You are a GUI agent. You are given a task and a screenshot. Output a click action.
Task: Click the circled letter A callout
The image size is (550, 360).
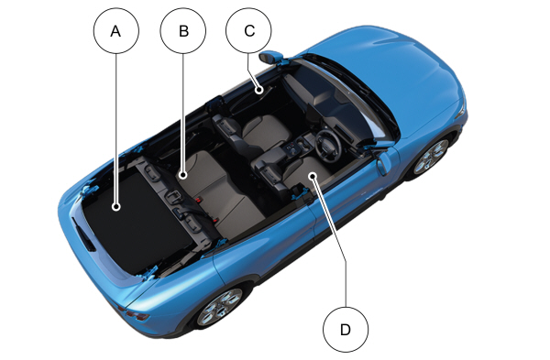(116, 31)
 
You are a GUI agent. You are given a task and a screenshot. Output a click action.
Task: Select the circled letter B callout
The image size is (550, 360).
(183, 31)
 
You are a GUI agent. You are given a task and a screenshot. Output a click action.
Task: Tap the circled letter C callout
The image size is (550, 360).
(248, 31)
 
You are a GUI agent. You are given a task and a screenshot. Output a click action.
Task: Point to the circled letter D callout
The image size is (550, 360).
(346, 330)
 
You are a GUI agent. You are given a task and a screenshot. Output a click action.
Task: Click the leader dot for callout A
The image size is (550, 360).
(116, 207)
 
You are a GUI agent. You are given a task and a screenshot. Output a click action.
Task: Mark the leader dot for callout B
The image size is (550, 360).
(182, 175)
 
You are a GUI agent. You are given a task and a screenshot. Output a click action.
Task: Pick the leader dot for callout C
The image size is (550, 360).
(258, 90)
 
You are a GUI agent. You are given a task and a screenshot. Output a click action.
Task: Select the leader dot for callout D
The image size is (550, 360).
(313, 175)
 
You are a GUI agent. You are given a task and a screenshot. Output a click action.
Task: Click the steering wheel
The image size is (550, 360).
(327, 145)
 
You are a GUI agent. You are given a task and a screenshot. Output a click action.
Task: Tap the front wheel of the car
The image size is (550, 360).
(432, 157)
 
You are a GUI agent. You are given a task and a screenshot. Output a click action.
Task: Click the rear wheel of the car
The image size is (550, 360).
(220, 307)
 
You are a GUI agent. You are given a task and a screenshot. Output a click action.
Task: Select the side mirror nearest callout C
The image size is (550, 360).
(270, 57)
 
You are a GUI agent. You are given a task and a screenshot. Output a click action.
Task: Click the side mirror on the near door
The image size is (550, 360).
(383, 164)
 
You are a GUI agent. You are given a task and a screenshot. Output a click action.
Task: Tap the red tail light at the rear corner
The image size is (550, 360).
(136, 314)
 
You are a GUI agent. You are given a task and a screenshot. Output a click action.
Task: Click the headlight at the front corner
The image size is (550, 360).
(461, 111)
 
